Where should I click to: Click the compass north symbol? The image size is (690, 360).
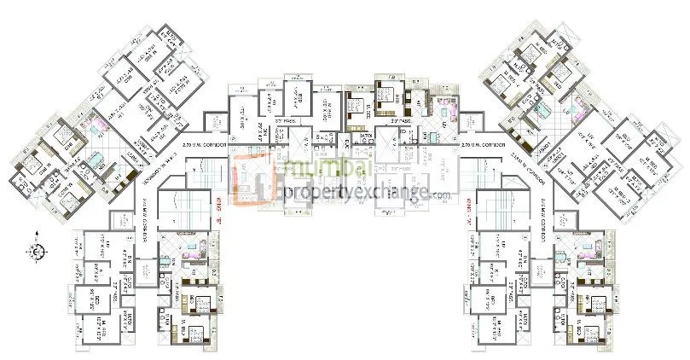coord(38,250)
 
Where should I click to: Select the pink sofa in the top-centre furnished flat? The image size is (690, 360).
coord(443,106)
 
